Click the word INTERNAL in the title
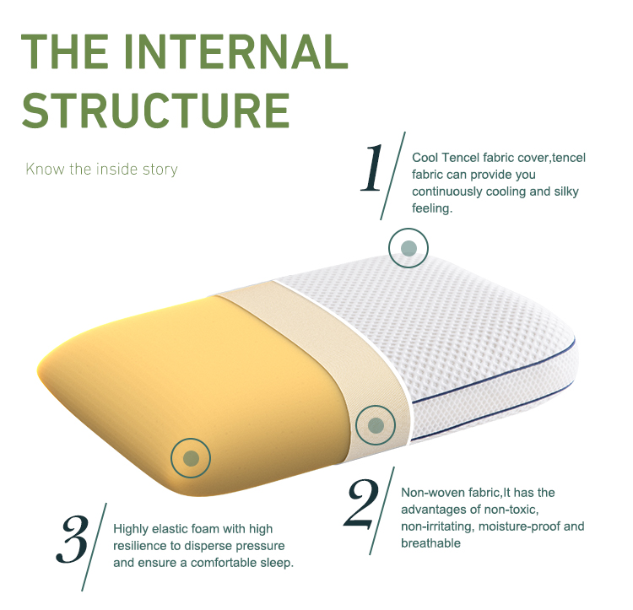[x=235, y=51]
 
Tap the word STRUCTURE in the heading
[x=156, y=111]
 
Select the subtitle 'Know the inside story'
[x=101, y=169]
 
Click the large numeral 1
[x=372, y=168]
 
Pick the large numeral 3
[x=73, y=539]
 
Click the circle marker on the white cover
[x=408, y=248]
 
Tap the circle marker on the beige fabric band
[x=376, y=425]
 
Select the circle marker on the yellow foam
[x=191, y=458]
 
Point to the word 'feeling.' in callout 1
[x=432, y=208]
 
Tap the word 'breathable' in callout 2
[x=430, y=543]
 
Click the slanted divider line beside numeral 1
[x=392, y=175]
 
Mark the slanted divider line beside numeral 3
[x=94, y=547]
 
